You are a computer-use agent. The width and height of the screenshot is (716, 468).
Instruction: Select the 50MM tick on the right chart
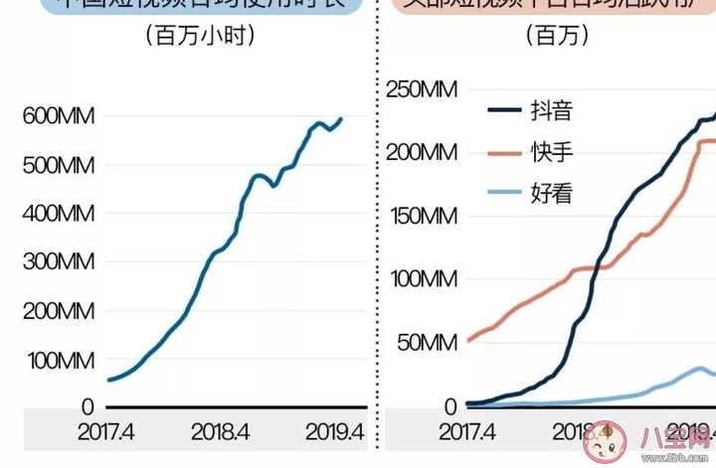coord(427,344)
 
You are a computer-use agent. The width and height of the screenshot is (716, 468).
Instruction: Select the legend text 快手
coord(552,152)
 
